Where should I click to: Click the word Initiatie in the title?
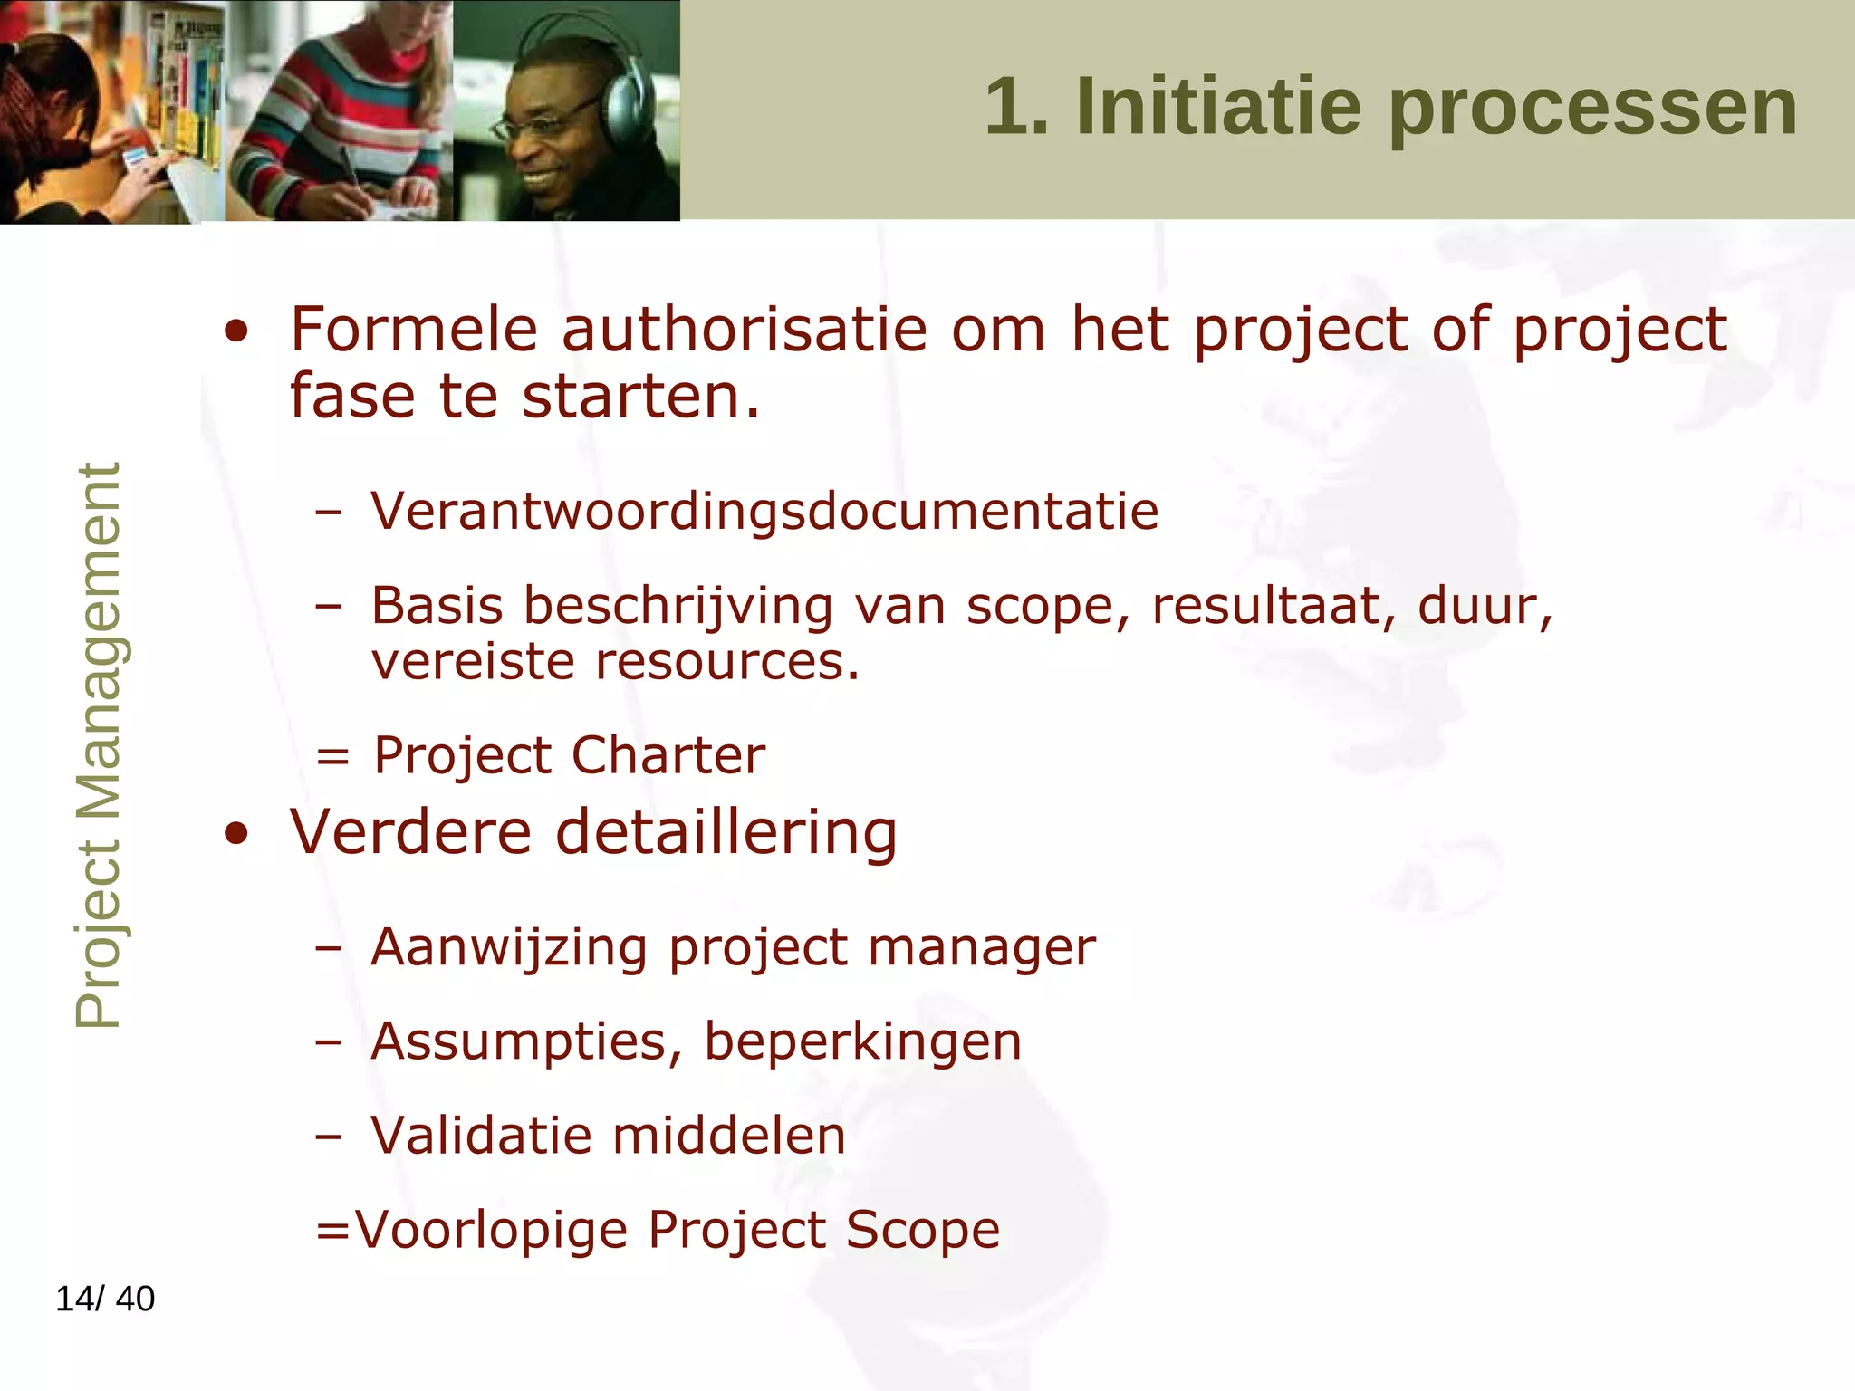tap(1217, 107)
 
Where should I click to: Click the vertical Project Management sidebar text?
tap(98, 744)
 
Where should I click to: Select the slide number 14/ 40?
tap(105, 1299)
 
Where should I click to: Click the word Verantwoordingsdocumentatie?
tap(764, 511)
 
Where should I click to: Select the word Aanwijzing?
tap(509, 948)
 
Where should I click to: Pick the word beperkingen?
tap(863, 1042)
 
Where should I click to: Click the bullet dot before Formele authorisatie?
tap(236, 331)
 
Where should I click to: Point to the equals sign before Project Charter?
tap(332, 756)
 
